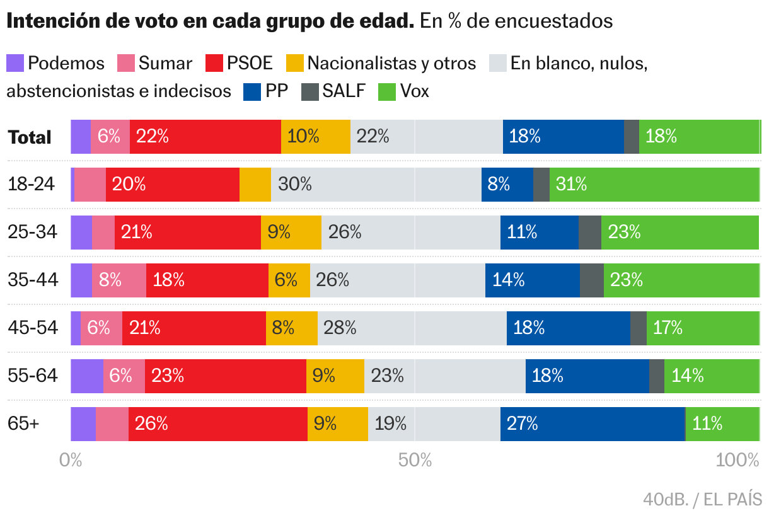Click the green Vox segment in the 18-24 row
(x=654, y=185)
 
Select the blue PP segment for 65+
(x=593, y=424)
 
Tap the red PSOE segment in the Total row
(x=205, y=137)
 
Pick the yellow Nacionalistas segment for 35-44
(x=289, y=280)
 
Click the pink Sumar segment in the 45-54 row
(x=101, y=328)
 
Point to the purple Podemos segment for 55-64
(x=87, y=376)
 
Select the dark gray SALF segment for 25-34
(x=589, y=233)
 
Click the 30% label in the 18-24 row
(x=295, y=185)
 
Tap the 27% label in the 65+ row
(x=523, y=424)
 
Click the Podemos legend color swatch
(x=15, y=63)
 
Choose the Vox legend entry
(x=403, y=91)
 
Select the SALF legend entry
(x=334, y=91)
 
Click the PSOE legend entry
(x=240, y=63)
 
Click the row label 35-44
(x=33, y=280)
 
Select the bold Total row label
(x=30, y=137)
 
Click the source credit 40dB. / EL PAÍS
(x=702, y=500)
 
